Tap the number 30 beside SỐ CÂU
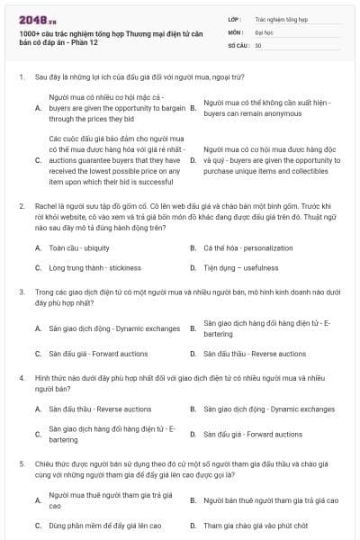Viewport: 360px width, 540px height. (258, 44)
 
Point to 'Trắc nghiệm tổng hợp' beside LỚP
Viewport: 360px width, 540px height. (281, 17)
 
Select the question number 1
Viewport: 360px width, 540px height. (21, 78)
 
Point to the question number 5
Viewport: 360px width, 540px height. (21, 463)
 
